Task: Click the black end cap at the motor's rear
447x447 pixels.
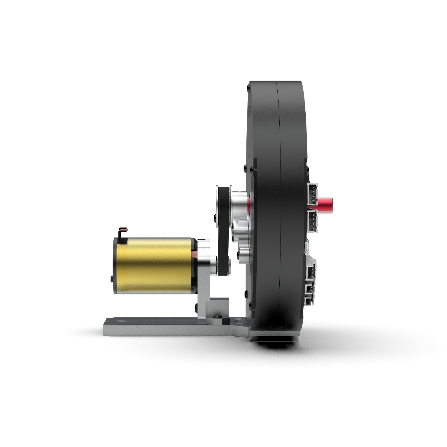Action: click(x=115, y=265)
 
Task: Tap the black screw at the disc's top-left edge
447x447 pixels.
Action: click(x=248, y=89)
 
